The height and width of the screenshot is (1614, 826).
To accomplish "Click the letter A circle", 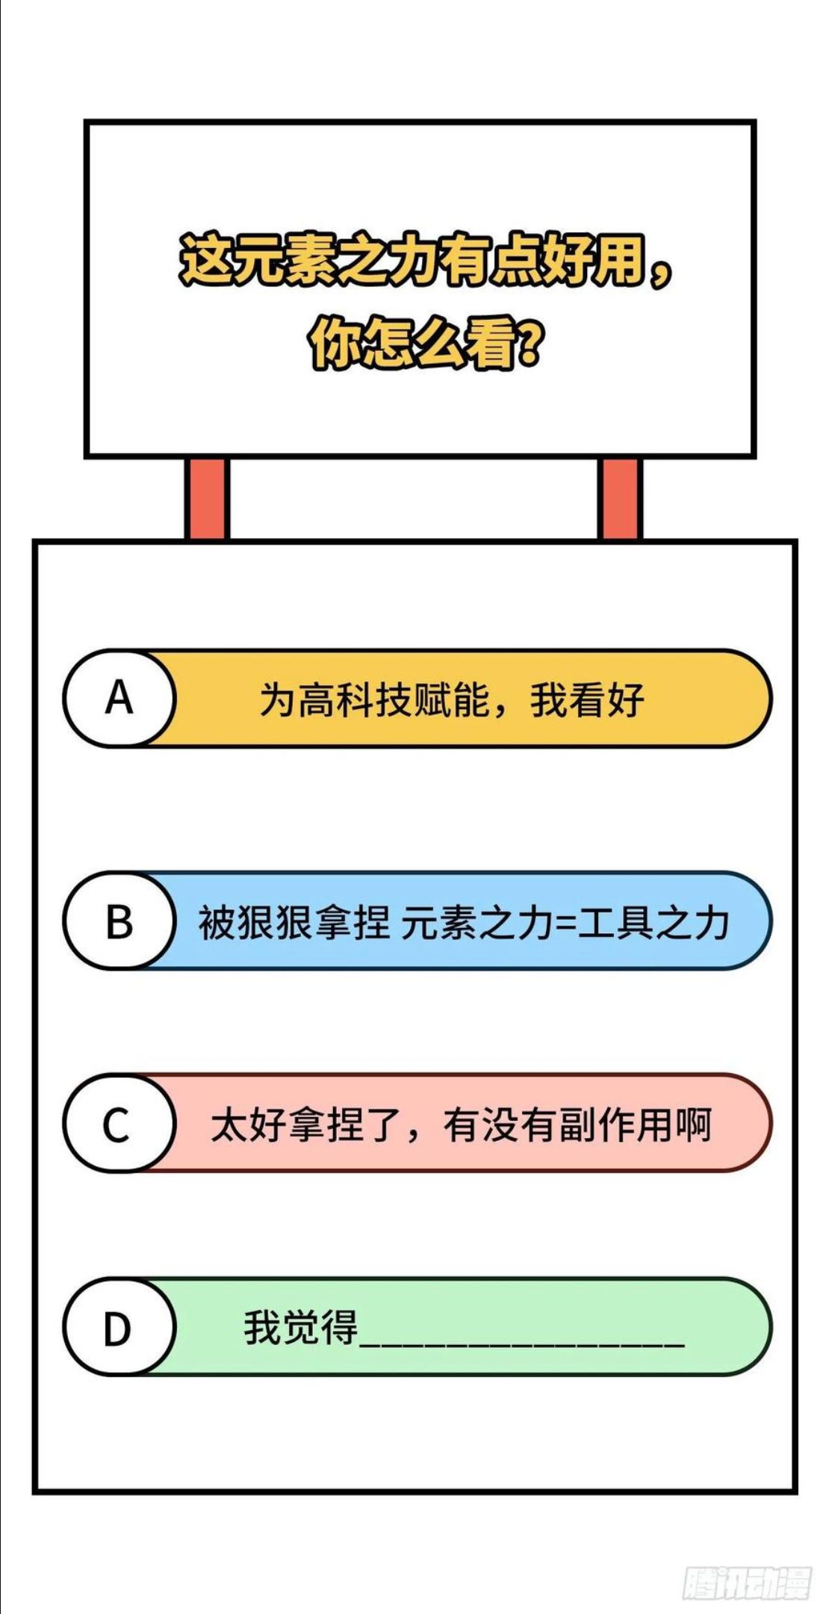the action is pyautogui.click(x=119, y=698).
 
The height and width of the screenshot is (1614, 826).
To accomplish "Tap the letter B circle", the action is pyautogui.click(x=119, y=921).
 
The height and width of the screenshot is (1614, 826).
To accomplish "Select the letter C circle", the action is pyautogui.click(x=119, y=1123).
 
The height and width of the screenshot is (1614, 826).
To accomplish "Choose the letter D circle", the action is pyautogui.click(x=119, y=1327).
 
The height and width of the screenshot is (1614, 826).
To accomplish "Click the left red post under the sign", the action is pyautogui.click(x=207, y=498).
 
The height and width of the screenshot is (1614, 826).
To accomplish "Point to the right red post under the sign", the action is pyautogui.click(x=619, y=498).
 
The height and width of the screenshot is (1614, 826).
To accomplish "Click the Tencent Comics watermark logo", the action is pyautogui.click(x=747, y=1582).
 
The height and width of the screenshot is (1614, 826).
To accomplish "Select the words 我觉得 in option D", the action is pyautogui.click(x=301, y=1328).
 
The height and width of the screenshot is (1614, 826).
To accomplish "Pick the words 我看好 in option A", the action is pyautogui.click(x=587, y=700).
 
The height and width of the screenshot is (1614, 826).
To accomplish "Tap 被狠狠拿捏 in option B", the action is pyautogui.click(x=294, y=922).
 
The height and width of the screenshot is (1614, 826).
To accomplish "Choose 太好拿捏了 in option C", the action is pyautogui.click(x=306, y=1125).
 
